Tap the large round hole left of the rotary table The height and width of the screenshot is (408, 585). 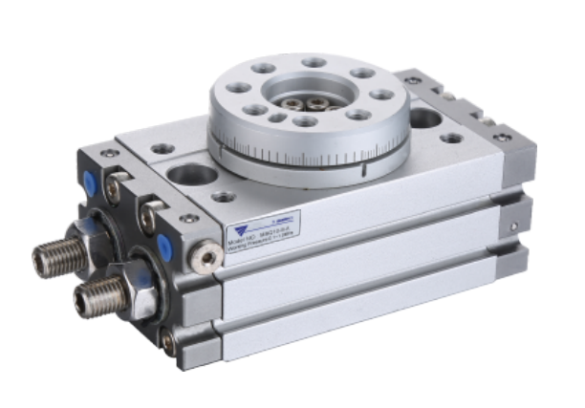pyautogui.click(x=192, y=176)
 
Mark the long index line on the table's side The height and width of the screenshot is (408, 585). pyautogui.click(x=363, y=171)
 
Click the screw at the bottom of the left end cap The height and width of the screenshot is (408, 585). pyautogui.click(x=168, y=339)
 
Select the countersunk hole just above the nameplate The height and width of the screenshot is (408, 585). pyautogui.click(x=224, y=198)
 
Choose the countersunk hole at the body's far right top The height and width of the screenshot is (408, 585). pyautogui.click(x=452, y=139)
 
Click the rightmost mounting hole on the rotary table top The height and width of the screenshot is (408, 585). pyautogui.click(x=381, y=96)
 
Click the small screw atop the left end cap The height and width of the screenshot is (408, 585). pyautogui.click(x=111, y=153)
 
